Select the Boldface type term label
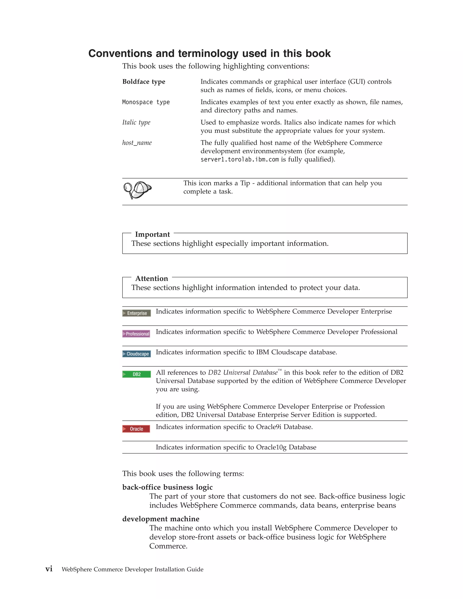[x=144, y=82]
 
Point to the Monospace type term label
[x=146, y=102]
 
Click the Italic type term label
[x=136, y=122]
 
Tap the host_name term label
[x=137, y=143]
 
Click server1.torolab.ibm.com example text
[x=239, y=160]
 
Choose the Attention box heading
[x=151, y=279]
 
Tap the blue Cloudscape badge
[x=136, y=354]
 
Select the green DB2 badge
[x=136, y=374]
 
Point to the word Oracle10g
[x=271, y=447]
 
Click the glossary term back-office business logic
[x=167, y=487]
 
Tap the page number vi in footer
[x=49, y=569]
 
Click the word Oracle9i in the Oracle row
[x=269, y=427]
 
